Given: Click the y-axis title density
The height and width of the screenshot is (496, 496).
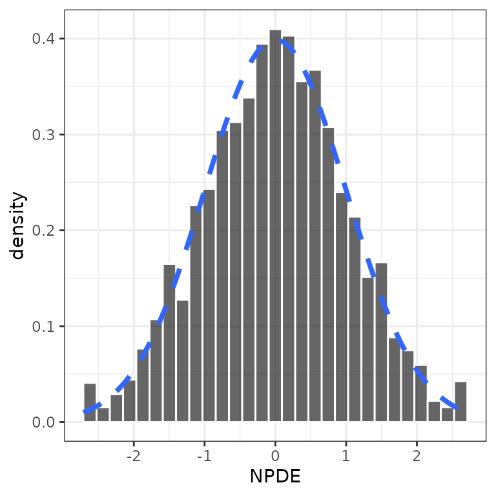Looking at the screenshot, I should [18, 225].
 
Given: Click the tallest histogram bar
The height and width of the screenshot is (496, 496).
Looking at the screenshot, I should [275, 226].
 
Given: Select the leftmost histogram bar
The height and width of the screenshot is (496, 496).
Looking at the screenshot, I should [90, 403].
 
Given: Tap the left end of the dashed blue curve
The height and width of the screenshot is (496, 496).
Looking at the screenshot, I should [85, 411].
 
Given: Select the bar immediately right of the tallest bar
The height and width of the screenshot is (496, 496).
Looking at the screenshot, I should [289, 229].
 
